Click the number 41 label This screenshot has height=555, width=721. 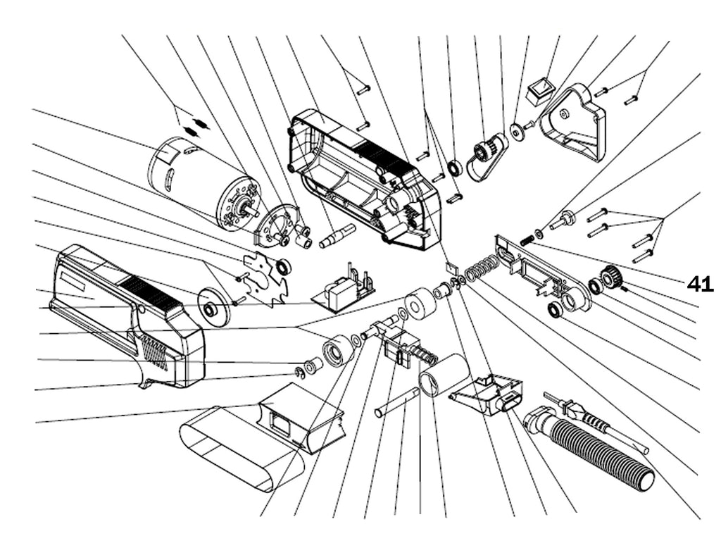pos(700,284)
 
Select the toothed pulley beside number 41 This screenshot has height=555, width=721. pos(611,277)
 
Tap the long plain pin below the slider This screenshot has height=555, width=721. pos(397,402)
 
